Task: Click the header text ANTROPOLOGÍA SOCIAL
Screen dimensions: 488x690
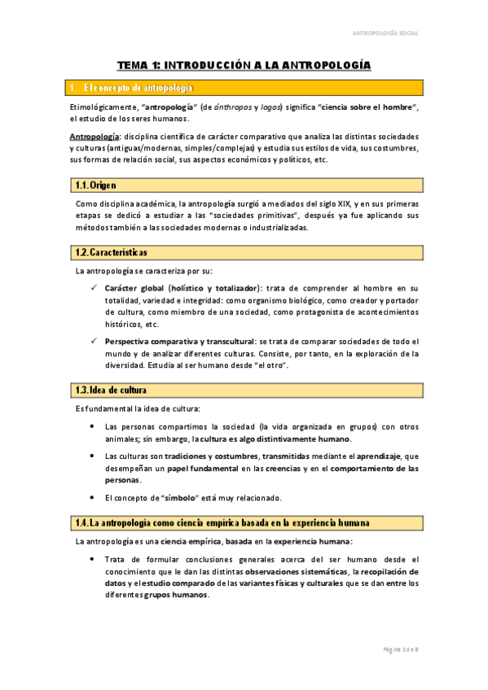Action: [x=385, y=33]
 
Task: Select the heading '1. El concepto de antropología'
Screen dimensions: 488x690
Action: [x=139, y=87]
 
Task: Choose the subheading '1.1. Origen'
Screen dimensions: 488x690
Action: [x=95, y=186]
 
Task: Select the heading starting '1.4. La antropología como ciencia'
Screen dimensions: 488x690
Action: [x=222, y=522]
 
